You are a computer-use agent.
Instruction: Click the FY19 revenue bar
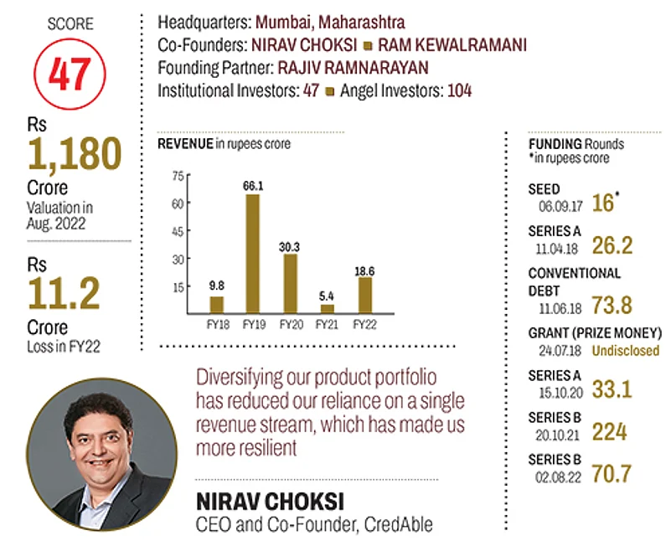tap(252, 253)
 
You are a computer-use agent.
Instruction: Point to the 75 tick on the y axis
tap(177, 176)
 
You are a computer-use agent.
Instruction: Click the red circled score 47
tap(70, 75)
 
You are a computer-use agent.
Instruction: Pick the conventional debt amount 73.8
tap(612, 305)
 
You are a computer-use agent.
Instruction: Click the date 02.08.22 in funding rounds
tap(554, 471)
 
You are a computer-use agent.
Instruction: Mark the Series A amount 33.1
tap(612, 388)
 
